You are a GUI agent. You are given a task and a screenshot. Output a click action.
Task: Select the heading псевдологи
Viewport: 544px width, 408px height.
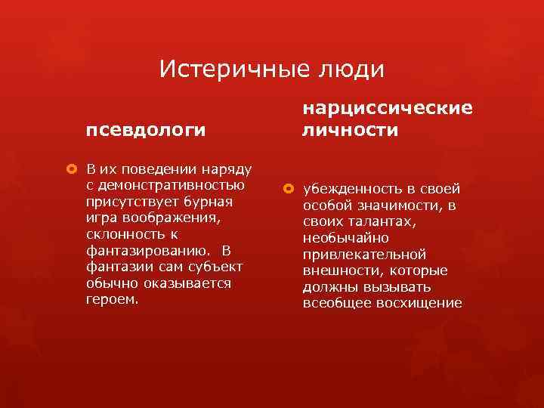(x=145, y=130)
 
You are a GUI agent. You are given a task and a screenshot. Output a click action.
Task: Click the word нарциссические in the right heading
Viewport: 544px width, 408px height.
(x=388, y=109)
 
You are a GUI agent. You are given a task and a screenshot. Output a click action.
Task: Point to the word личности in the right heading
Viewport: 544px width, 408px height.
(x=350, y=131)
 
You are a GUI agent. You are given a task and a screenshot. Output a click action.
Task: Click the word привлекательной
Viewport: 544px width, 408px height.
(x=364, y=255)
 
